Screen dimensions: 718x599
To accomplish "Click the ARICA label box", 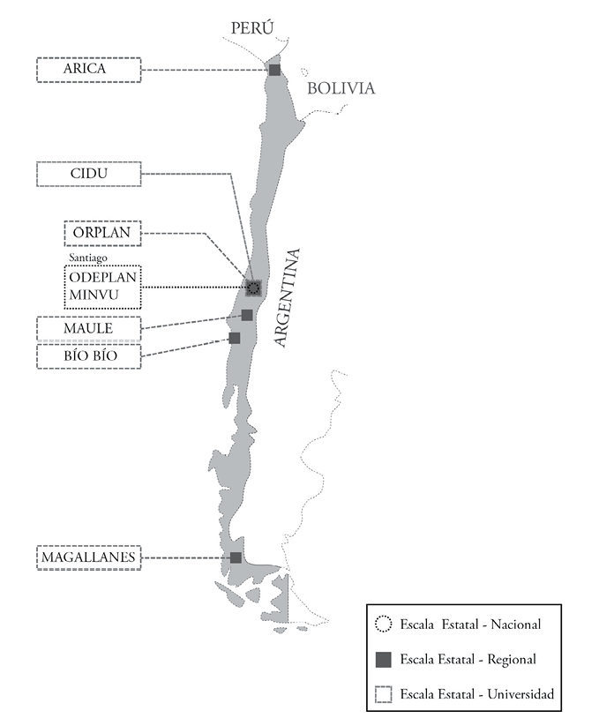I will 88,70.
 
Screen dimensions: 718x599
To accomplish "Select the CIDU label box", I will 88,174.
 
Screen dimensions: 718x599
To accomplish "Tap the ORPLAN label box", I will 101,234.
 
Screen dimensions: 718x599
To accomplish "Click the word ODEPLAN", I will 102,278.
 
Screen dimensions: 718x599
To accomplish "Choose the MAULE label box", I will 88,329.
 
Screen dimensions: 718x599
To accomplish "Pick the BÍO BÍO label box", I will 88,356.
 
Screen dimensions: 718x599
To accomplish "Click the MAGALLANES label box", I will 88,557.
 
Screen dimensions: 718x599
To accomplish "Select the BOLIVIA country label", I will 341,88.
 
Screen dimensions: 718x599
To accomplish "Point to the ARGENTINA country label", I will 288,298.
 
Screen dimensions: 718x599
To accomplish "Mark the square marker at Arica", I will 274,70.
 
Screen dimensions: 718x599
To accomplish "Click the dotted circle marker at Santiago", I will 254,287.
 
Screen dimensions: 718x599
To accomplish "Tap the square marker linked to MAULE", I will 247,315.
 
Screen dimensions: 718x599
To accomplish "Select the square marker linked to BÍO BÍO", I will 235,338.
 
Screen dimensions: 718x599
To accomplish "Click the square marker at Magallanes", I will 236,557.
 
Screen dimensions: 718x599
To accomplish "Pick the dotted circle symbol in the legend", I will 382,625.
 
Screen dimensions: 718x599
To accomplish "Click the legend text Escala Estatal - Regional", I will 468,659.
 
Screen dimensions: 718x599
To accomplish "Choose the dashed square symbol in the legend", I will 382,694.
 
